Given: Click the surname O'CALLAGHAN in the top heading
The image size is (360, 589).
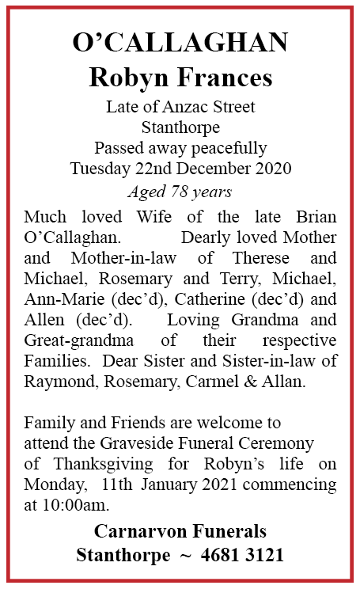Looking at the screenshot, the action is click(180, 44).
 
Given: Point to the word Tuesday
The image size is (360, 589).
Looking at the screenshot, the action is click(98, 168).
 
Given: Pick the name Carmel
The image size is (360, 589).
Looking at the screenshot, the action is click(253, 382).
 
